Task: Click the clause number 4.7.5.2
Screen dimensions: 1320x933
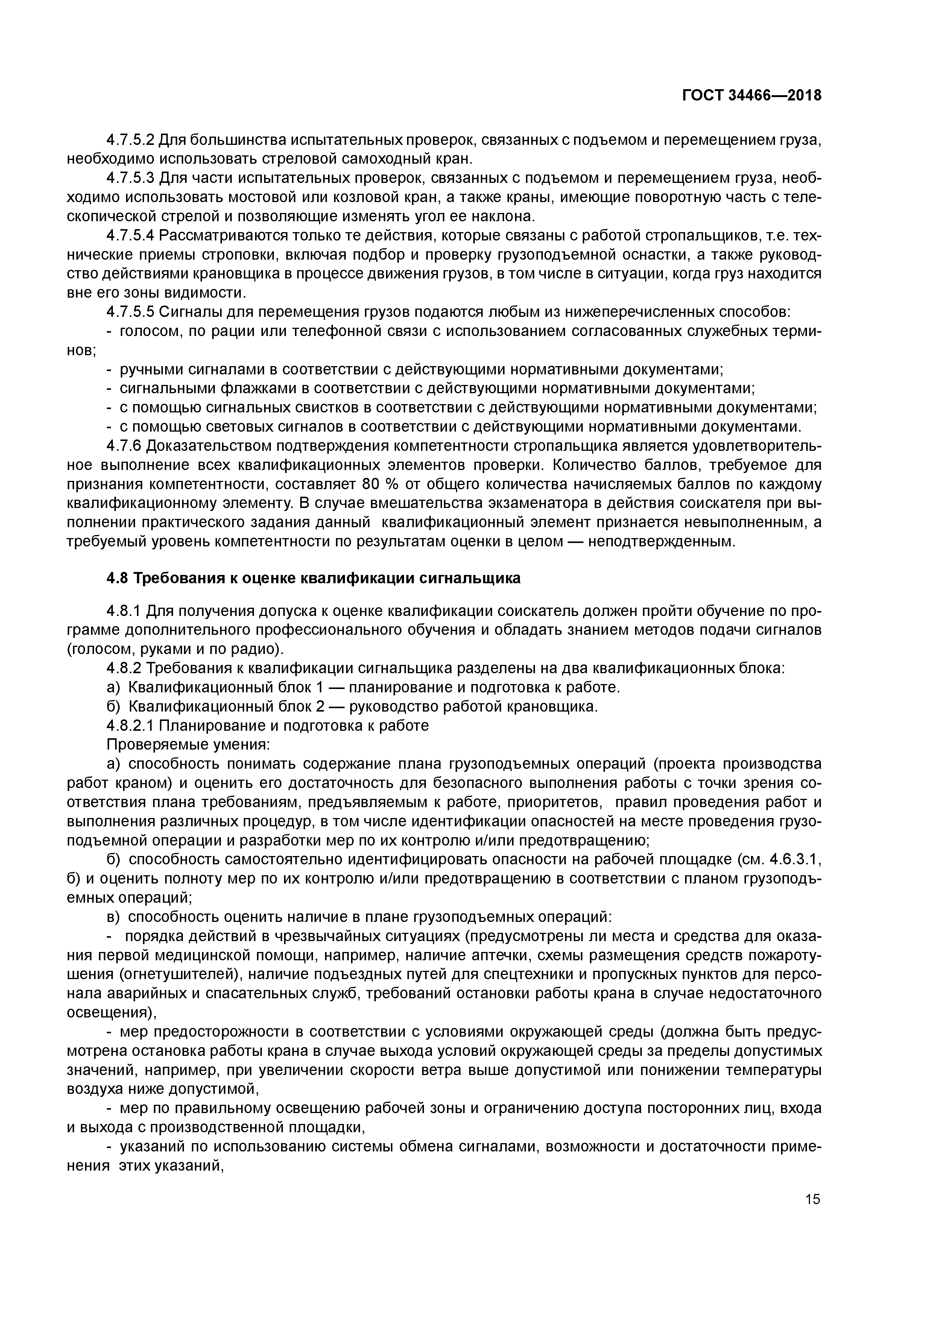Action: pyautogui.click(x=131, y=140)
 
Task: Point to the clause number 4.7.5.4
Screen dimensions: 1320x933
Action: pyautogui.click(x=131, y=236)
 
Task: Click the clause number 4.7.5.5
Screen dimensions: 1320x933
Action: pyautogui.click(x=131, y=312)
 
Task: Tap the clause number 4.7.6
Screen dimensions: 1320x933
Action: pyautogui.click(x=124, y=446)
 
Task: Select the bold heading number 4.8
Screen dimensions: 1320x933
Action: pyautogui.click(x=118, y=578)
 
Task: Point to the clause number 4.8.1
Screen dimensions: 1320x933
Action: pyautogui.click(x=124, y=610)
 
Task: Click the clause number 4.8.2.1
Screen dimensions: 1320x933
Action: pyautogui.click(x=131, y=725)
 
